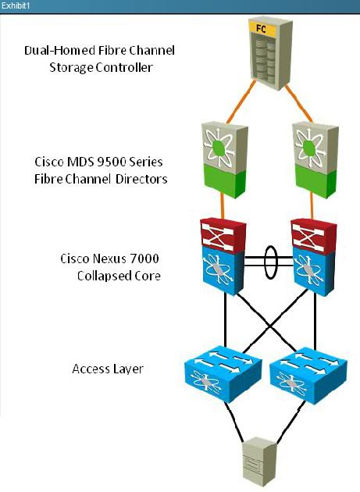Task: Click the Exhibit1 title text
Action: click(x=16, y=5)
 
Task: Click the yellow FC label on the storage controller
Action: click(x=262, y=29)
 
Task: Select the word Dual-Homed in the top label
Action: click(x=59, y=51)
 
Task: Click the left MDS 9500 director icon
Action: click(x=224, y=160)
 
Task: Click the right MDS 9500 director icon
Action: click(x=315, y=160)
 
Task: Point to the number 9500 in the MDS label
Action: click(x=112, y=162)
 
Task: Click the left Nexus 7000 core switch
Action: click(x=223, y=257)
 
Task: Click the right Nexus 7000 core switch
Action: click(x=314, y=257)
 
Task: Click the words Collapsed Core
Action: click(x=119, y=276)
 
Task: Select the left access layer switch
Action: click(x=223, y=374)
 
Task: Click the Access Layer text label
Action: click(x=108, y=369)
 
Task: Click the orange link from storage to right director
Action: click(x=298, y=103)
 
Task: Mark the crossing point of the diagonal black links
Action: click(x=270, y=327)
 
